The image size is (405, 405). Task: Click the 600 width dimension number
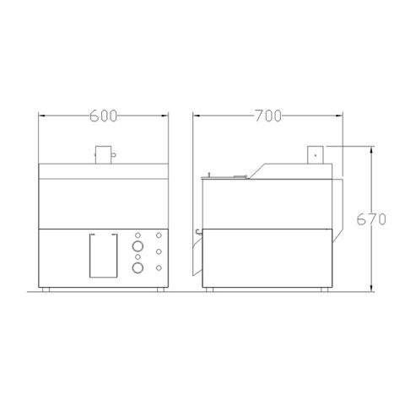point(103,116)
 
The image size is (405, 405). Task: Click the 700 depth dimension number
point(268,116)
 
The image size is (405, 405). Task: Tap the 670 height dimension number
point(371,219)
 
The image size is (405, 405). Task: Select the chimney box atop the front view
point(104,154)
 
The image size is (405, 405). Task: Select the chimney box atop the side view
point(316,154)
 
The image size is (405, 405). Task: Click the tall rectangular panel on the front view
point(104,256)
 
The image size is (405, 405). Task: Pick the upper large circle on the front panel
point(138,246)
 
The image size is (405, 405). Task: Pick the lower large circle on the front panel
point(138,268)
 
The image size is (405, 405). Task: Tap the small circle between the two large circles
point(138,257)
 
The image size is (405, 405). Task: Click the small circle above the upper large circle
point(138,235)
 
